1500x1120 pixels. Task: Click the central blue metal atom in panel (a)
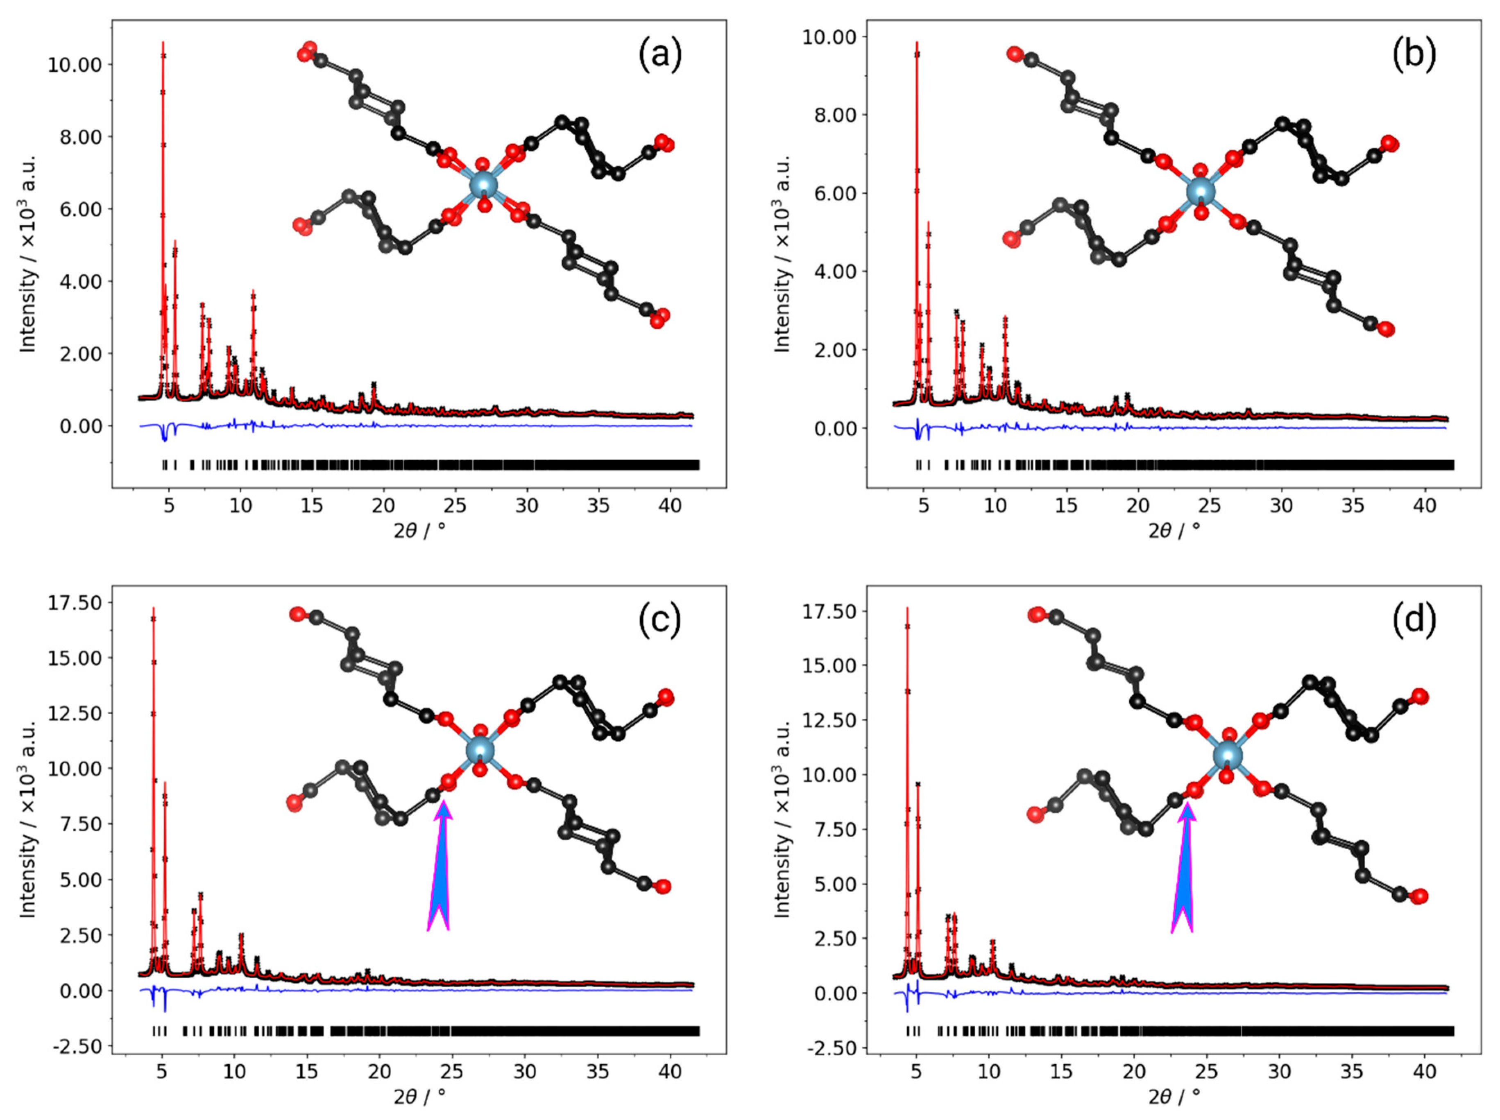pos(483,184)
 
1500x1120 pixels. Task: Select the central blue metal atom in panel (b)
pos(1200,192)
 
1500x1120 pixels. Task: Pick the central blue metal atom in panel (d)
pos(1227,755)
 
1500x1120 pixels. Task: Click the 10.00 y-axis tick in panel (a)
pos(75,65)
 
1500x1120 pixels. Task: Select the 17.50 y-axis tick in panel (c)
pos(75,603)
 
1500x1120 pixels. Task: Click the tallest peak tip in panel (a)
pos(163,43)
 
